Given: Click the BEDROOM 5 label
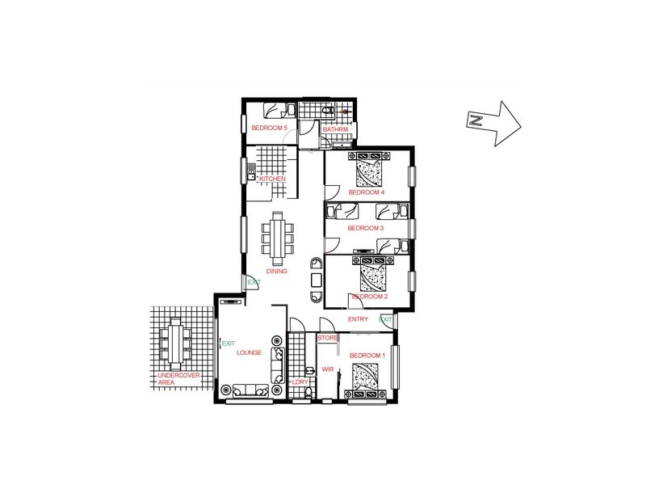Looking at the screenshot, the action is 270,128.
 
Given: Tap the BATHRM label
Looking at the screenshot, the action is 335,129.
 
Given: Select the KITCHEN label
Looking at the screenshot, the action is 272,179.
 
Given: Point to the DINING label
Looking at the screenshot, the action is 277,272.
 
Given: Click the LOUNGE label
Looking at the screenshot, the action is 249,352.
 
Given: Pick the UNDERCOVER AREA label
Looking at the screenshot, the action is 178,379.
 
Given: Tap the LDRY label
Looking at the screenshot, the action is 300,382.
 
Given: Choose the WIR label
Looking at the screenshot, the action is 328,369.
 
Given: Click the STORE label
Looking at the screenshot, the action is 328,338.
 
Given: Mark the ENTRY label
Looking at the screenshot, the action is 358,319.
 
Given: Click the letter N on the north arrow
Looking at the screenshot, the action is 476,120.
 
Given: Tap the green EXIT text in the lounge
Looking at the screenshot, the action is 229,344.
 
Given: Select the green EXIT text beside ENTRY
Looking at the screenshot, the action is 386,319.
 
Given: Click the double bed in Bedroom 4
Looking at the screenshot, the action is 369,173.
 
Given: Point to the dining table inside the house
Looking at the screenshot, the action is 278,238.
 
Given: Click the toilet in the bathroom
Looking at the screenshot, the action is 328,111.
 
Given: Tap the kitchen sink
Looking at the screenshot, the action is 251,172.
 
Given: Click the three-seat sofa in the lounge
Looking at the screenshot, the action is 251,390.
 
